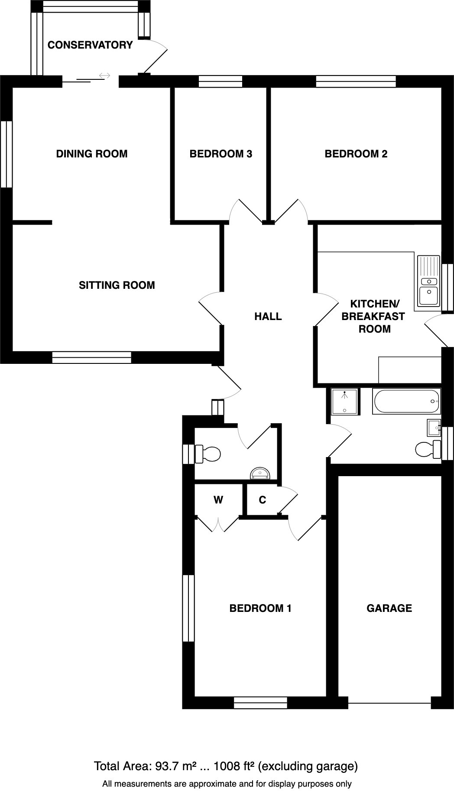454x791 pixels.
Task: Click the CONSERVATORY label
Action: (90, 45)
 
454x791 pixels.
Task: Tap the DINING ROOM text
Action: (91, 154)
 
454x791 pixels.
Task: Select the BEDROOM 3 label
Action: (221, 154)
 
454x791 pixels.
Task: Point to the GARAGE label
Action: (389, 608)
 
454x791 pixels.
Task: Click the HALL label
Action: (268, 317)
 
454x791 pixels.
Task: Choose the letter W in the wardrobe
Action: (218, 500)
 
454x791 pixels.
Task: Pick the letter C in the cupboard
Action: (262, 500)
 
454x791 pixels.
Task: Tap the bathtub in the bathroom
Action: (406, 402)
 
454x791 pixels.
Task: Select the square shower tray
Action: (345, 402)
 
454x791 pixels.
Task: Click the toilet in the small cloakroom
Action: (208, 454)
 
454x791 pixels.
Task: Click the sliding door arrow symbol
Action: (104, 76)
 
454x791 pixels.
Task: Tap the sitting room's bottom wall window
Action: (91, 357)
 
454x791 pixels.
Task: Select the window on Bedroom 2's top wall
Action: (356, 82)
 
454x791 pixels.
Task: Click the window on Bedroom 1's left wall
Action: (188, 608)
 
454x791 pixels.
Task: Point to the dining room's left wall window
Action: (6, 154)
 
